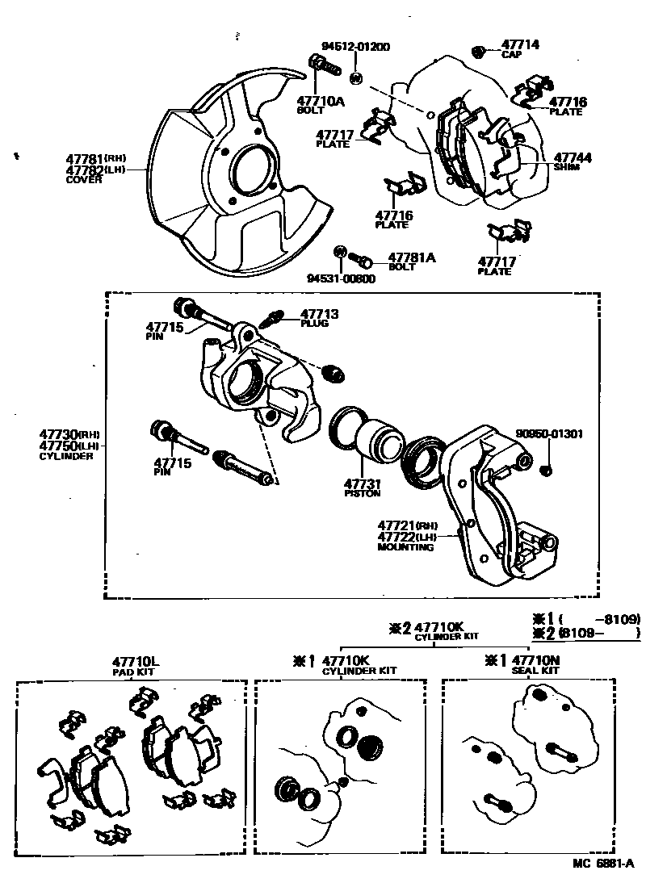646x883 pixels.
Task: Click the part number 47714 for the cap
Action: point(520,45)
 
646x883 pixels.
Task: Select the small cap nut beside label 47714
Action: point(479,52)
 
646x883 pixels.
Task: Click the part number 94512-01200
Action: point(354,47)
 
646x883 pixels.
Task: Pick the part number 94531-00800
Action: point(340,278)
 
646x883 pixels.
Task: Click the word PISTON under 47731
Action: point(362,493)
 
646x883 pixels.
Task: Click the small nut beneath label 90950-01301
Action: point(545,470)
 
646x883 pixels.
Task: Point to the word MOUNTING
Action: point(405,547)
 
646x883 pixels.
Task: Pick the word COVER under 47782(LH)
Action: point(84,180)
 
